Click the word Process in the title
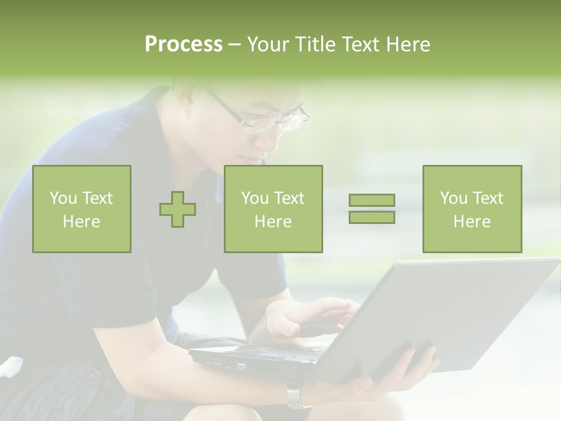183,44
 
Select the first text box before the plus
82,209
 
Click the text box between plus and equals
273,209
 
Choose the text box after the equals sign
472,209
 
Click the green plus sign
178,209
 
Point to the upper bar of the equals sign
372,200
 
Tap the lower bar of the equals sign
372,217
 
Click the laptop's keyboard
280,350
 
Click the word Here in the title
407,44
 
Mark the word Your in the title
269,44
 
